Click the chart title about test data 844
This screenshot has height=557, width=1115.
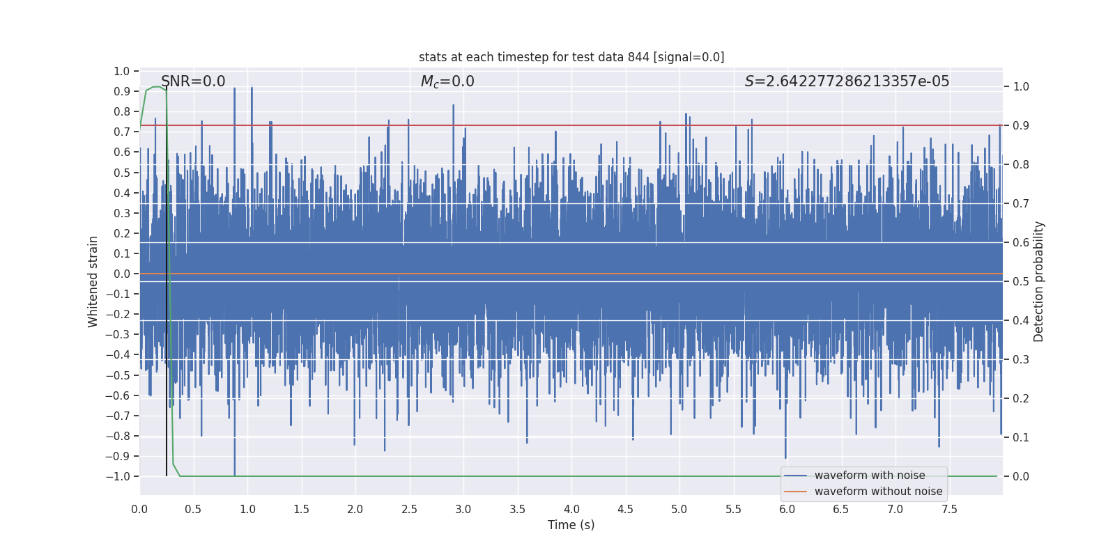click(571, 57)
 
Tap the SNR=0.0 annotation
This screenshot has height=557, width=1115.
click(193, 81)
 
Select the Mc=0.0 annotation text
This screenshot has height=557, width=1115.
click(447, 81)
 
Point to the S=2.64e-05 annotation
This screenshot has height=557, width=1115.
click(847, 81)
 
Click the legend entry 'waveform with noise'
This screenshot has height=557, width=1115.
click(870, 476)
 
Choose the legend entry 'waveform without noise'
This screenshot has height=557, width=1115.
click(878, 492)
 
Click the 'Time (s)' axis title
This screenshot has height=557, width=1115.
click(571, 525)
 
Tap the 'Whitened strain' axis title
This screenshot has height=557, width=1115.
click(93, 281)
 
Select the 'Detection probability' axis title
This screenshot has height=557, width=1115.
click(1039, 281)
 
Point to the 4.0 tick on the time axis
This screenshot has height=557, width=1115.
click(571, 510)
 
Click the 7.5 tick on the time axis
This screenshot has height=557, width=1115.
click(949, 510)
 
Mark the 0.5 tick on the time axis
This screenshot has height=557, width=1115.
click(193, 510)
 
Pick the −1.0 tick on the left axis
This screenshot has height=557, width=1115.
click(118, 477)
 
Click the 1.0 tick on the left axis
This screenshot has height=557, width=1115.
click(122, 71)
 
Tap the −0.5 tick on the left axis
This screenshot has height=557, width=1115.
click(118, 375)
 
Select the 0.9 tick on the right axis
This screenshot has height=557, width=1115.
click(1021, 126)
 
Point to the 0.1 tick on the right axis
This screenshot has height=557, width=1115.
click(1021, 438)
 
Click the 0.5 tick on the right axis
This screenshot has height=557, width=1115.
click(1021, 282)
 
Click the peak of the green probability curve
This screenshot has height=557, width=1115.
click(157, 87)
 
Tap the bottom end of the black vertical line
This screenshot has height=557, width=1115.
click(167, 476)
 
